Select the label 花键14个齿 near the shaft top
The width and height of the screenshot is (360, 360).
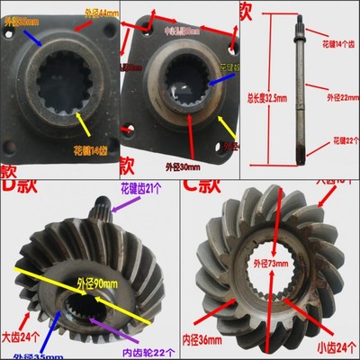[x=339, y=42]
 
